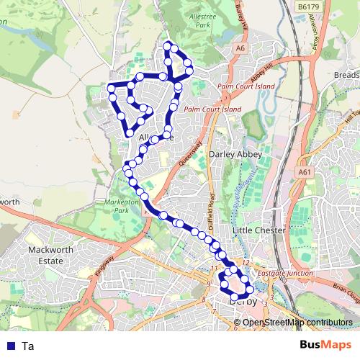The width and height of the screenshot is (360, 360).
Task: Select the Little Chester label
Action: (x=258, y=230)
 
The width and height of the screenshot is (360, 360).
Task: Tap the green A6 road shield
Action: (x=240, y=48)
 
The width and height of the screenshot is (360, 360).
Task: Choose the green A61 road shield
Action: (x=305, y=173)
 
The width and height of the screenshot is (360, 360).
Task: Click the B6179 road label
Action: (x=308, y=6)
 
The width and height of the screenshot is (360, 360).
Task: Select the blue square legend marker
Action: (x=11, y=346)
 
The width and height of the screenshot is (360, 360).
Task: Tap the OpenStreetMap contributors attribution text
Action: (x=297, y=322)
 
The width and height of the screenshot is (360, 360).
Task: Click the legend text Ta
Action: (x=28, y=346)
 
